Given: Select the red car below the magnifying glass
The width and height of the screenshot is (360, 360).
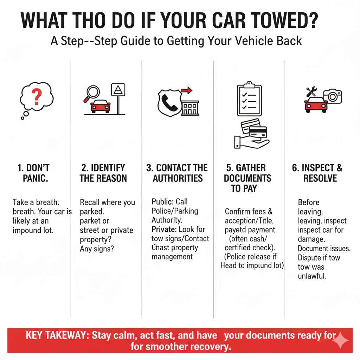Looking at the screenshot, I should (101, 106).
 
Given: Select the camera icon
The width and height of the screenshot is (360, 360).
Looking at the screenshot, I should (332, 96).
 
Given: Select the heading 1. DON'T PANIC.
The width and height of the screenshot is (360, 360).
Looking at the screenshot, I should (33, 173).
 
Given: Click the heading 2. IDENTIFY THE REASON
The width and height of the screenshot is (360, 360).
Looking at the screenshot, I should (103, 173).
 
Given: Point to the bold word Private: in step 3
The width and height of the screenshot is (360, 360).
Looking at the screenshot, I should (164, 229).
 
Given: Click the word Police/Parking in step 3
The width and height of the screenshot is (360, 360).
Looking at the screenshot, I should (175, 211).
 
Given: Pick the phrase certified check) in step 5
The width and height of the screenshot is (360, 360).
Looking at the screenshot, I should (250, 247).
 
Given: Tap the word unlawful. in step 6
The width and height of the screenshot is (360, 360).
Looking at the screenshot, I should (312, 276).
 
